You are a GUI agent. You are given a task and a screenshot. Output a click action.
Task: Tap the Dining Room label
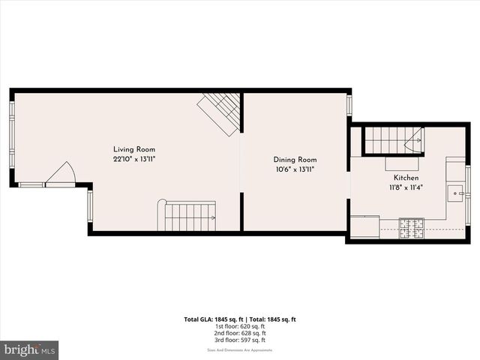pos(295,159)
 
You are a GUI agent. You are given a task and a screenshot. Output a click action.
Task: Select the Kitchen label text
pos(406,178)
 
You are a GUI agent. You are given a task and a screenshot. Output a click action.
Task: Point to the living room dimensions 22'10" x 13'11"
pos(134,159)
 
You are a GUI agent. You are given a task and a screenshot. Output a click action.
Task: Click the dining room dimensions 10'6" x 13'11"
pos(294,169)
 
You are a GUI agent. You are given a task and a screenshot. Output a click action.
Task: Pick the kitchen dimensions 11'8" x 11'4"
pos(406,187)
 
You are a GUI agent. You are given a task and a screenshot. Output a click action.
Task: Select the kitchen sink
pos(455,194)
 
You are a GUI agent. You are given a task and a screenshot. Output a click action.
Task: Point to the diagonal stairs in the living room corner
pos(220,112)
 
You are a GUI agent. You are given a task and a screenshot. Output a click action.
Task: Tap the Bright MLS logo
pos(29,349)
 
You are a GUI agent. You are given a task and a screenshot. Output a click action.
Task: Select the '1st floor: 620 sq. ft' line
pos(241,326)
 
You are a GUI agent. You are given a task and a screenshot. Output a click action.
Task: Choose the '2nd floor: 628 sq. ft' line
pos(241,333)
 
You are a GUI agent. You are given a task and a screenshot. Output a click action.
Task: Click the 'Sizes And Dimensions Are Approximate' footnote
pos(241,350)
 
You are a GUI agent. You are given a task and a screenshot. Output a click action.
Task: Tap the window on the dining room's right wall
pos(349,104)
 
